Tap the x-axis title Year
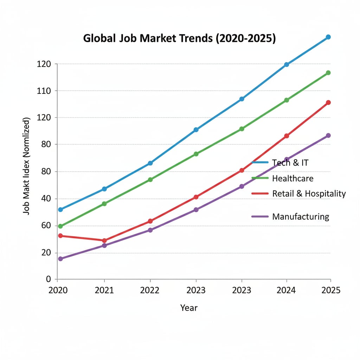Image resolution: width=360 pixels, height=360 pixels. click(x=189, y=308)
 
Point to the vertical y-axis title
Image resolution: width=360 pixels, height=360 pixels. click(x=27, y=165)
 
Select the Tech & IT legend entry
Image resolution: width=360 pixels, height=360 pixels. click(x=290, y=162)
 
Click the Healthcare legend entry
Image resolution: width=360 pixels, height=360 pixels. click(x=292, y=178)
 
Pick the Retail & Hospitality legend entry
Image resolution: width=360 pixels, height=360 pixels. click(x=309, y=193)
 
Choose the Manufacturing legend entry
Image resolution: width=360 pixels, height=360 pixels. click(x=301, y=217)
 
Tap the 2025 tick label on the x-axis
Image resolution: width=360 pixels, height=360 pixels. click(x=330, y=291)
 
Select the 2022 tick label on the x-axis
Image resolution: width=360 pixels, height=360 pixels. click(x=150, y=291)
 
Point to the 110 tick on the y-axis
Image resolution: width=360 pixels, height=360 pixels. click(x=44, y=91)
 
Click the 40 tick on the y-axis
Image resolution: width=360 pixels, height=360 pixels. click(x=46, y=199)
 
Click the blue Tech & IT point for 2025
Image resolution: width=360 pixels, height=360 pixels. click(x=328, y=37)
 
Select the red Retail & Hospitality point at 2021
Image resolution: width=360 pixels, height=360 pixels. click(x=104, y=241)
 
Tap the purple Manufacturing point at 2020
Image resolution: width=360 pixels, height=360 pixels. click(x=60, y=259)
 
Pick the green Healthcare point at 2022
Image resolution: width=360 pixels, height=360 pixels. click(x=150, y=180)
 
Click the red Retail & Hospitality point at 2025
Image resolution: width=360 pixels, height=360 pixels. click(x=328, y=103)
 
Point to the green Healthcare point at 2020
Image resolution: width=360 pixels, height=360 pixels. click(x=60, y=226)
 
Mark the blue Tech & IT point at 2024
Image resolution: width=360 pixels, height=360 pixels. click(x=287, y=65)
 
